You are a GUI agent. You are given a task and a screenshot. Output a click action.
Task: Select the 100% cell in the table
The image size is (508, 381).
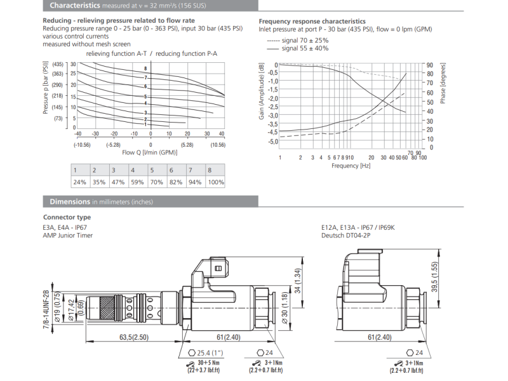pos(216,182)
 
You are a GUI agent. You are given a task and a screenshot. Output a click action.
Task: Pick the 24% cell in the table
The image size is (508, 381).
pos(79,182)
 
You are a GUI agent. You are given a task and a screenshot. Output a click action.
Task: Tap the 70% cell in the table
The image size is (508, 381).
pos(157,182)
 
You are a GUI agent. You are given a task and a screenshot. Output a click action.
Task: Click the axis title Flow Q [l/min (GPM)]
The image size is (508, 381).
pos(150,152)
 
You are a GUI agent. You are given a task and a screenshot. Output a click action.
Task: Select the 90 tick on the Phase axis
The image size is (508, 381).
pos(429,65)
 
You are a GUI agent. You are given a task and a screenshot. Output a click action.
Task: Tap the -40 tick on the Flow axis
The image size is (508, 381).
pos(77,134)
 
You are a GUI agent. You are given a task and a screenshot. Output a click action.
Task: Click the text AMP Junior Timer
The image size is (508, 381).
pos(67,235)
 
